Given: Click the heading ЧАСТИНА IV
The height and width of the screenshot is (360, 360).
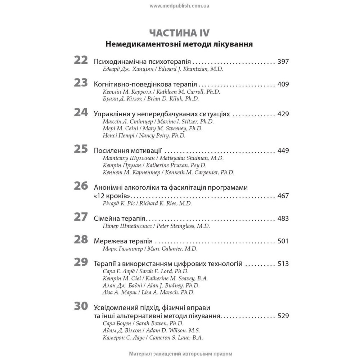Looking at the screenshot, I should [179, 33].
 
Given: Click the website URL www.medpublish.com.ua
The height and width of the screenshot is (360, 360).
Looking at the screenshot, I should [179, 6].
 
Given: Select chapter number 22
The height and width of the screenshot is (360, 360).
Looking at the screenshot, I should [81, 60].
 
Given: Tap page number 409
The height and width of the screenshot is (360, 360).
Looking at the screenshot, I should [283, 85].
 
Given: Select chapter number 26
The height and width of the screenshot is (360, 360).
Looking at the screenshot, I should [81, 186].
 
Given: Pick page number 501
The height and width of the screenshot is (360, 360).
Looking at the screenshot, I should [283, 241].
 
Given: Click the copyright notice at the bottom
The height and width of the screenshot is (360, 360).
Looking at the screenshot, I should [180, 354].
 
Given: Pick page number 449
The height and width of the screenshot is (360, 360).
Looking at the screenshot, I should [283, 150].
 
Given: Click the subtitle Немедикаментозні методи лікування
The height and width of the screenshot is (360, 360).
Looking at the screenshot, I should [179, 45].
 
